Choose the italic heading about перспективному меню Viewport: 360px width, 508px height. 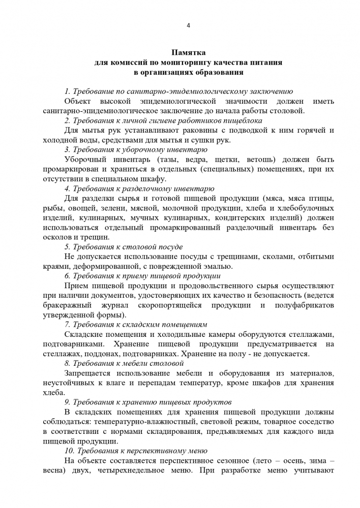[x=136, y=451]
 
